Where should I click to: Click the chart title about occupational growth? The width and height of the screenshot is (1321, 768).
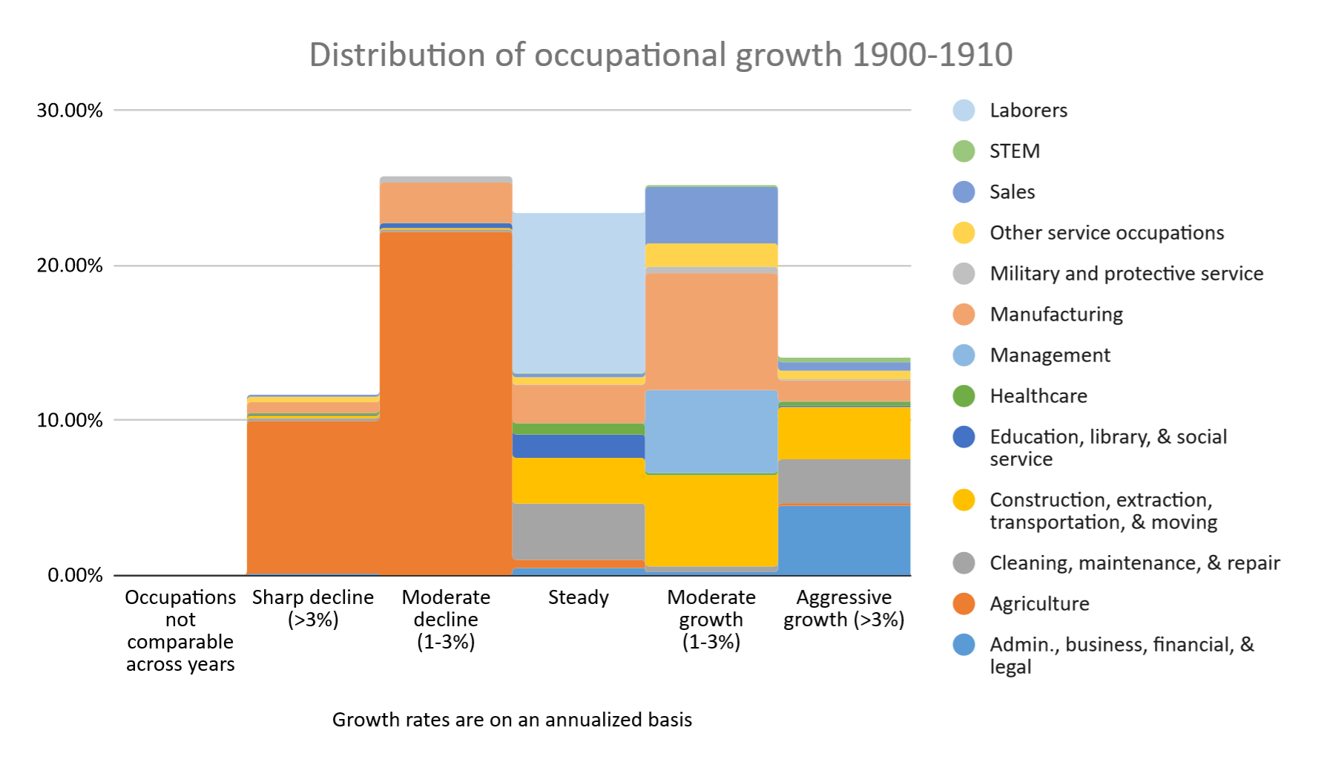(x=660, y=55)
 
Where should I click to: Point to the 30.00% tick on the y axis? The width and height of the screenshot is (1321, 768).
(x=70, y=111)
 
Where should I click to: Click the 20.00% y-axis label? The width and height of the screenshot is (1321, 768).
(x=70, y=266)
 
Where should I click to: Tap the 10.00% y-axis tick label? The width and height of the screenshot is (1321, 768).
(x=70, y=420)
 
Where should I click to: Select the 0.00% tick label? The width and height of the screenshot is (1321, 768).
(x=75, y=575)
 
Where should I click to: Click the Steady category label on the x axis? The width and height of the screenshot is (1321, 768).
(x=578, y=597)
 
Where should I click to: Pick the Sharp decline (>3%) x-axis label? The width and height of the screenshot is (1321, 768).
(x=313, y=608)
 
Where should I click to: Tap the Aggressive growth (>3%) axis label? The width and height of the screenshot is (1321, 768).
(x=844, y=608)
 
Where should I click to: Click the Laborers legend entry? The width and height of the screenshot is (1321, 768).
(x=1028, y=111)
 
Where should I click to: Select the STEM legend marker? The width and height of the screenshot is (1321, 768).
(x=963, y=151)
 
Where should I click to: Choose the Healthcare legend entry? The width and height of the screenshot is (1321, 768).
(x=1038, y=396)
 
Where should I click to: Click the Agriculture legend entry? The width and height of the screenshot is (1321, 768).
(x=1039, y=604)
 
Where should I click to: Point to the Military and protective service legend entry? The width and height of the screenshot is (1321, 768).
(x=1126, y=274)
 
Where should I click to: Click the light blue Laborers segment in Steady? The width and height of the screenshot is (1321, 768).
(x=578, y=293)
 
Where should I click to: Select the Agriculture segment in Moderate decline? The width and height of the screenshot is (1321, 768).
(x=446, y=401)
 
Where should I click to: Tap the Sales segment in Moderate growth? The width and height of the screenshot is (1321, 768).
(x=711, y=214)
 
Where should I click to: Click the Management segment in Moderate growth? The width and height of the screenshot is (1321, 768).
(x=711, y=431)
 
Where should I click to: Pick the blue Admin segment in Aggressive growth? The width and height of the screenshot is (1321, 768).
(x=844, y=539)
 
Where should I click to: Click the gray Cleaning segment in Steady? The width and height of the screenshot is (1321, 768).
(x=578, y=531)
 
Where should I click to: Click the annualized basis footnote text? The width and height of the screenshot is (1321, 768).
(x=512, y=720)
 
